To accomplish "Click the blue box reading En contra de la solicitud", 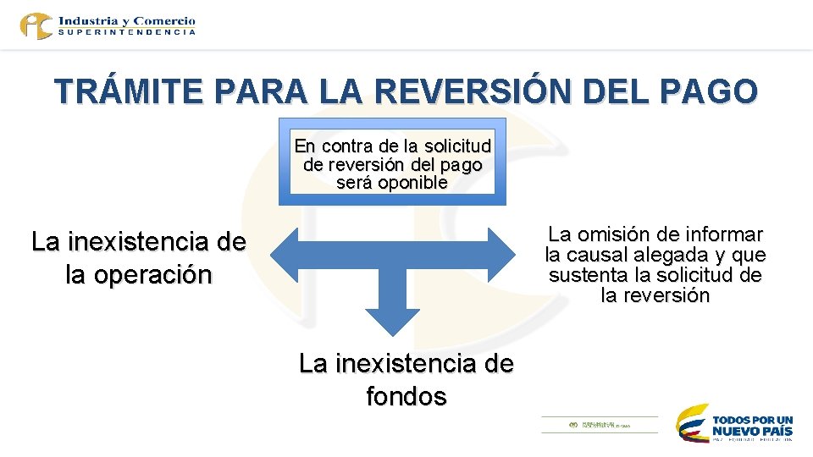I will pyautogui.click(x=392, y=162).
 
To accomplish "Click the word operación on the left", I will pyautogui.click(x=138, y=276).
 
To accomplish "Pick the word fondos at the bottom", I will pyautogui.click(x=406, y=396).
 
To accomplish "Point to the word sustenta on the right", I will pyautogui.click(x=583, y=275).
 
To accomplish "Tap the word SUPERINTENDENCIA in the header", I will pyautogui.click(x=127, y=32).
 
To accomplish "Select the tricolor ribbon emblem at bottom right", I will pyautogui.click(x=692, y=422).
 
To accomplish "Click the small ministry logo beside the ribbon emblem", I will pyautogui.click(x=599, y=424).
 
